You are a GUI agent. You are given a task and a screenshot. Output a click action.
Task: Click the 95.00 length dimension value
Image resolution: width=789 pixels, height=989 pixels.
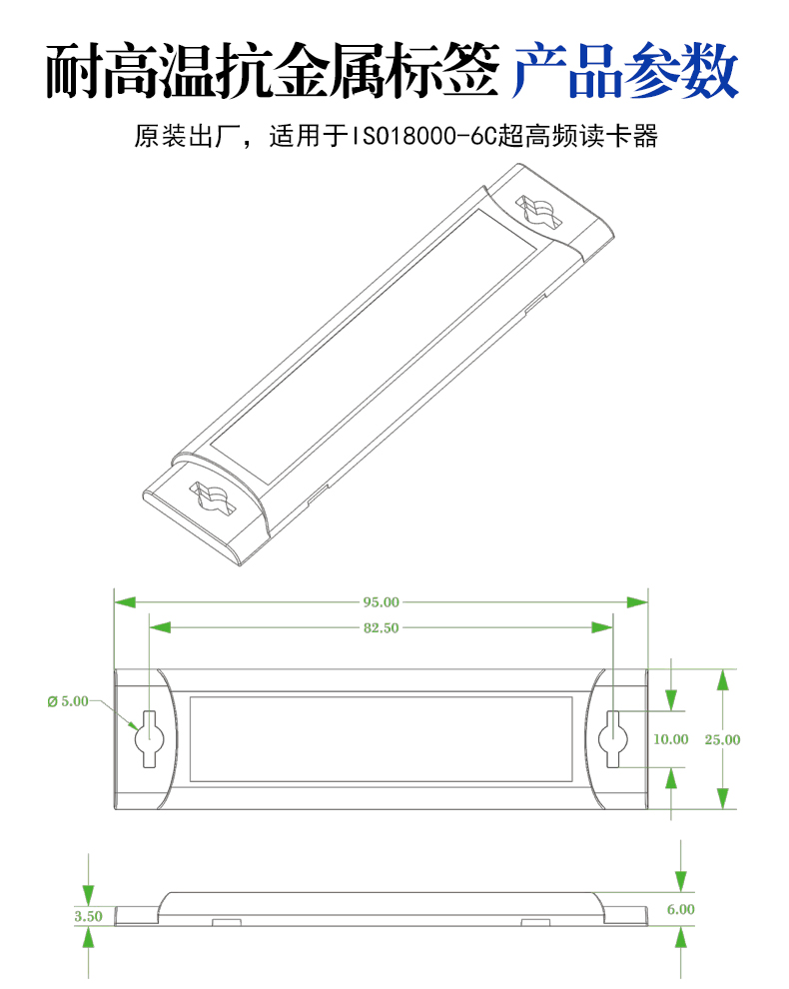(381, 601)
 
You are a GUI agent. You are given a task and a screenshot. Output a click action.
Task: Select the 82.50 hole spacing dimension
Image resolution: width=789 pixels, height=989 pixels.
(381, 627)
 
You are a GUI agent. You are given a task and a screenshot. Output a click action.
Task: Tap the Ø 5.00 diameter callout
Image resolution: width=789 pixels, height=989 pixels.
(68, 701)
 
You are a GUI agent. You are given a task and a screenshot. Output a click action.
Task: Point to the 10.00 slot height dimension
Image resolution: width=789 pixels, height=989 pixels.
(670, 739)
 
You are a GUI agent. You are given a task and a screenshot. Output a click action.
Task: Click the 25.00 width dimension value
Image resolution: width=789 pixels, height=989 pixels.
(722, 740)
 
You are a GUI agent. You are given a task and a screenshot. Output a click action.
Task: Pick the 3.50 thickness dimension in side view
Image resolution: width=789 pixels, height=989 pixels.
(88, 916)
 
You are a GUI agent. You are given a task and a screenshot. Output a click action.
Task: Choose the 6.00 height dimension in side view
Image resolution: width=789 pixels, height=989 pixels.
(680, 909)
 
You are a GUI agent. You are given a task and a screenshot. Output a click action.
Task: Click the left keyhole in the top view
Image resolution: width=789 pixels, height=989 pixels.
(150, 738)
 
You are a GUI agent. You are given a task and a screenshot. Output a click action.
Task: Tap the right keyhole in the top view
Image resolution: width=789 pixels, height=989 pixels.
(613, 738)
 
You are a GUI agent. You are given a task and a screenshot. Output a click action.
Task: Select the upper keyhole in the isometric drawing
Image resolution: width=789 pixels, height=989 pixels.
(538, 212)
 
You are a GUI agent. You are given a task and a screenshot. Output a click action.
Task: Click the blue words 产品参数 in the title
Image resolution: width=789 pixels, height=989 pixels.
(624, 71)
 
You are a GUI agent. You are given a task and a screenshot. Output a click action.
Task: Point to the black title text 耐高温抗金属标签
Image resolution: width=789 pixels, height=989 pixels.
(273, 71)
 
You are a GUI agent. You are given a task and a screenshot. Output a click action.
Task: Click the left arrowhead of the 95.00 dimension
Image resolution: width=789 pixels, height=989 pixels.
(125, 602)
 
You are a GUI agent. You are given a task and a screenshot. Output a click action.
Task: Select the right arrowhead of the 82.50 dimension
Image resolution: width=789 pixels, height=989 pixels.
(602, 627)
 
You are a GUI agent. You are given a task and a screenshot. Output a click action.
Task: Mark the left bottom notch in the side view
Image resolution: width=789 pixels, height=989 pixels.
(227, 923)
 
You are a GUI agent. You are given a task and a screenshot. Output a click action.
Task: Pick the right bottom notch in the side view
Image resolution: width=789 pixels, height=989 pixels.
(535, 923)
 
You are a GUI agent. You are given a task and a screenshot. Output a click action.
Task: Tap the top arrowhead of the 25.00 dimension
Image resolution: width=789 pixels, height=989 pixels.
(723, 679)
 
